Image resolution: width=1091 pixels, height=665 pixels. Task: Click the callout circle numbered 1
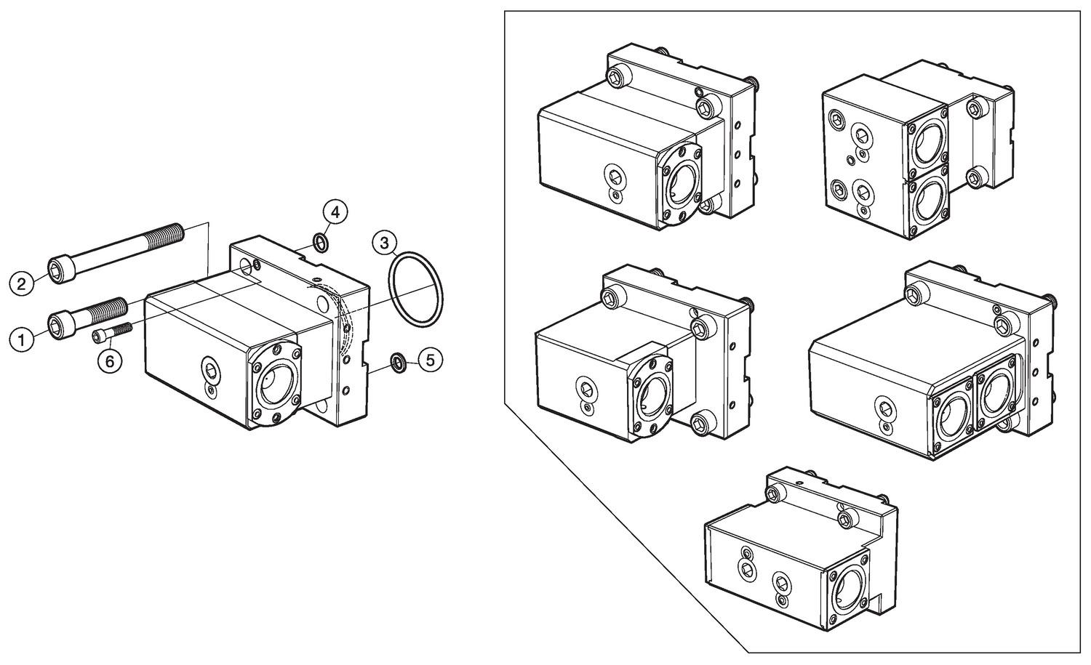tap(23, 339)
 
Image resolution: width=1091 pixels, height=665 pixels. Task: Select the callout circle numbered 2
tap(23, 283)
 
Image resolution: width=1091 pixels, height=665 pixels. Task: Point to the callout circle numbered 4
tap(335, 212)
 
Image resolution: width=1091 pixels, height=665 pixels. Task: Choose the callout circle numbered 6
tap(110, 361)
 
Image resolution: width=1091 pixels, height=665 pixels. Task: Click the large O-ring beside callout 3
tap(415, 288)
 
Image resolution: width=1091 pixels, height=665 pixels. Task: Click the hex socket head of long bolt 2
tap(59, 270)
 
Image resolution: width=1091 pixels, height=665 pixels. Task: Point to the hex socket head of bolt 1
tap(58, 323)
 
